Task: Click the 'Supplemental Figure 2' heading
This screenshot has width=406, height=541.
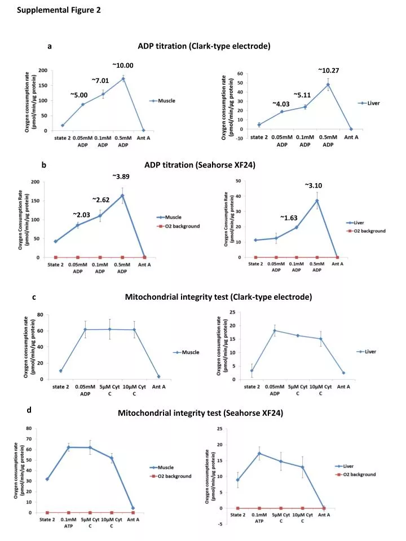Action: pyautogui.click(x=59, y=10)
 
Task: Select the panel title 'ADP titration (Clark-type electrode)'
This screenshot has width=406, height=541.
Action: pyautogui.click(x=204, y=46)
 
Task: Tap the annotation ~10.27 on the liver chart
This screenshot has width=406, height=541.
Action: pyautogui.click(x=328, y=70)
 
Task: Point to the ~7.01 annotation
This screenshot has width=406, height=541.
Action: pyautogui.click(x=100, y=81)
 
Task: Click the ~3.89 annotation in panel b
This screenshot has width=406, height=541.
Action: pyautogui.click(x=121, y=176)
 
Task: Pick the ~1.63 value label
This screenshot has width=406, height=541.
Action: pyautogui.click(x=289, y=218)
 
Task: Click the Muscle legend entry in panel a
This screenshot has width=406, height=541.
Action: pyautogui.click(x=162, y=101)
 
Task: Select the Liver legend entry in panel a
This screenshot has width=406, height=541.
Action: pyautogui.click(x=369, y=103)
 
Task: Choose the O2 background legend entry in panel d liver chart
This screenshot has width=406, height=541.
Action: pyautogui.click(x=355, y=475)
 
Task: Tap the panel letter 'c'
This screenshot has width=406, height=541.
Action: pyautogui.click(x=34, y=297)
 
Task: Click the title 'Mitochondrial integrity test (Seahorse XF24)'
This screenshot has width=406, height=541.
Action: pyautogui.click(x=201, y=413)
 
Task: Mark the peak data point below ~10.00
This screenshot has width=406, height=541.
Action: pyautogui.click(x=123, y=79)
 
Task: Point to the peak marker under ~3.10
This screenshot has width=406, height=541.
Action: pyautogui.click(x=317, y=201)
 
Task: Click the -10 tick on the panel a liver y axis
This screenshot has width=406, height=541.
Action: pyautogui.click(x=240, y=139)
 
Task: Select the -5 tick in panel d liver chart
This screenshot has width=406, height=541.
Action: pyautogui.click(x=220, y=524)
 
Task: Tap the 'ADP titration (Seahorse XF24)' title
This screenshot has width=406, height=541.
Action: pyautogui.click(x=200, y=165)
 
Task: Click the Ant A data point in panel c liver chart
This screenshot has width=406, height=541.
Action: pyautogui.click(x=343, y=373)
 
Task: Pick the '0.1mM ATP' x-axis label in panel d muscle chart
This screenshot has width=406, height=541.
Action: pyautogui.click(x=68, y=522)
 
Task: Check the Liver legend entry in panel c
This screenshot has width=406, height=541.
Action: pyautogui.click(x=367, y=352)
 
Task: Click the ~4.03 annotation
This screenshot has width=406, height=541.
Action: pyautogui.click(x=281, y=104)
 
